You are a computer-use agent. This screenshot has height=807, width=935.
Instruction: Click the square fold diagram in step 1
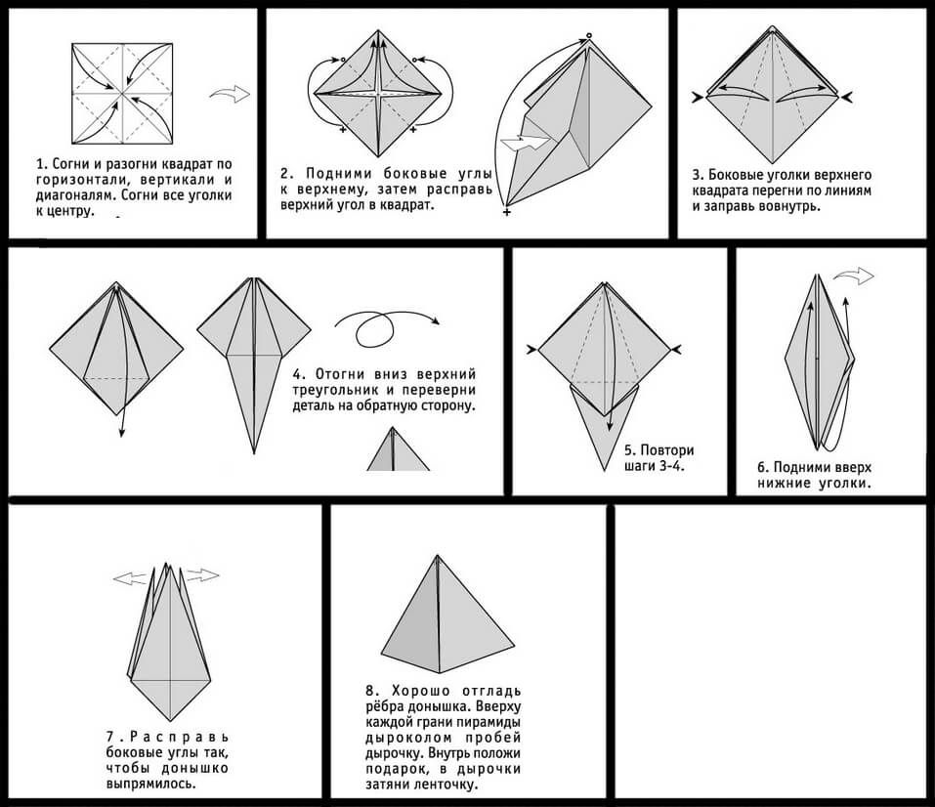point(122,93)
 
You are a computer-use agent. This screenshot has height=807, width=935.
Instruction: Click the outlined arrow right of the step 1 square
point(230,94)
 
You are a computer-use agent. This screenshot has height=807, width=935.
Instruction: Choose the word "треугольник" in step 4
point(338,390)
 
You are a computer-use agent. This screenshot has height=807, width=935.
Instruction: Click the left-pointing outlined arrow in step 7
point(129,578)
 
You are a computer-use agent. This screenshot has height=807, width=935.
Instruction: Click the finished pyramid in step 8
point(446,611)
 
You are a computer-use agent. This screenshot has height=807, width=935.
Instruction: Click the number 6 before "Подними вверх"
point(763,467)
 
